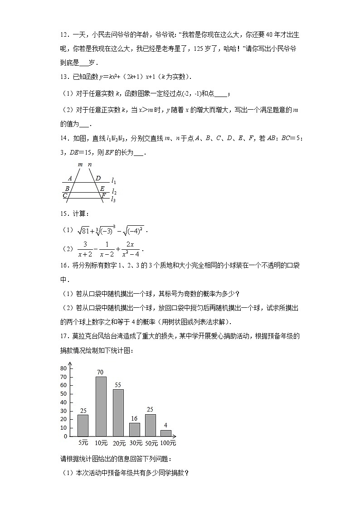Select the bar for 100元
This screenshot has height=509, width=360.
click(x=166, y=433)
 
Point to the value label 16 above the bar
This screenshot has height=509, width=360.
click(x=134, y=418)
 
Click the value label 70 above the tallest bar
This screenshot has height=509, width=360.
click(x=100, y=373)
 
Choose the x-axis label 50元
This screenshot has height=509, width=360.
click(x=151, y=443)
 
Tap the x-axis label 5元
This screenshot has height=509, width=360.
click(x=83, y=443)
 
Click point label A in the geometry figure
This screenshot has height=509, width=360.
click(x=70, y=179)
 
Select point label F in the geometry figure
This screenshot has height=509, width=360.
click(x=103, y=195)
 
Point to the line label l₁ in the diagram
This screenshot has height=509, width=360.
click(x=113, y=181)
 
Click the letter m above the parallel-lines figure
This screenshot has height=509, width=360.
click(x=80, y=164)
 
